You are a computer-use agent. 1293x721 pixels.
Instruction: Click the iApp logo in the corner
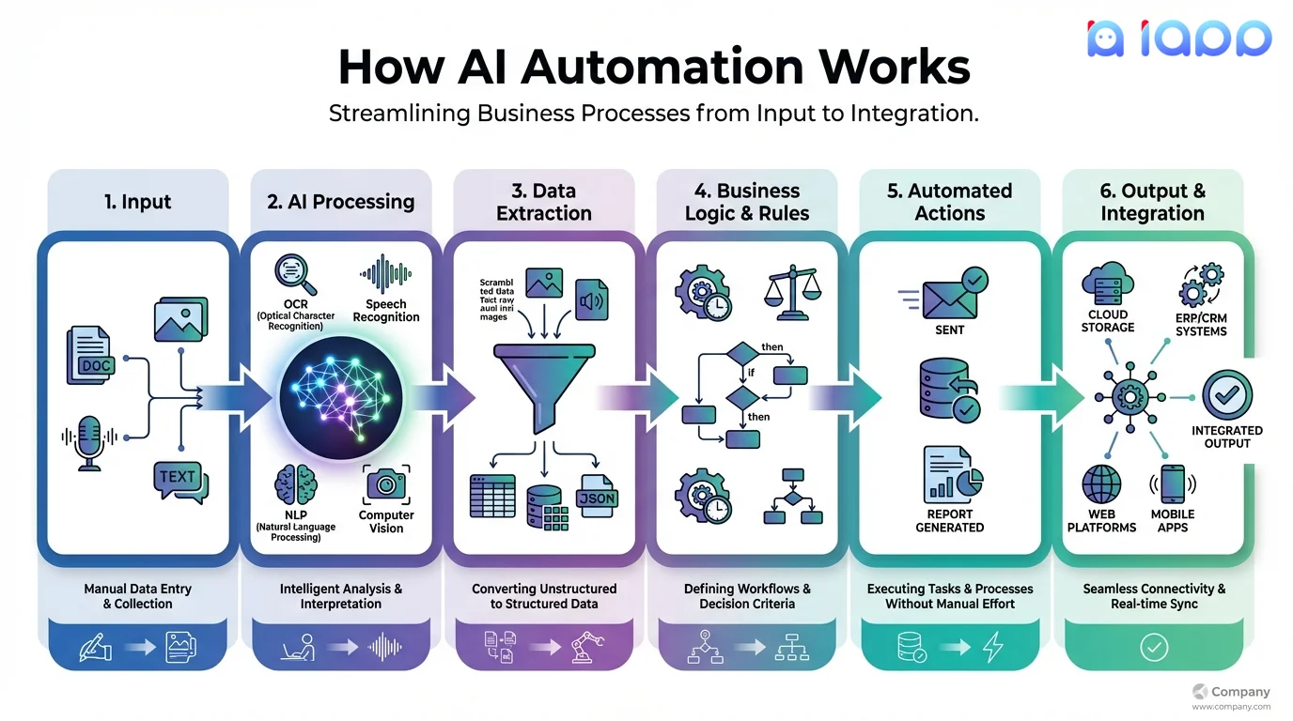(1179, 38)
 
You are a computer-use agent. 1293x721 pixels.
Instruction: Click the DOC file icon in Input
(91, 357)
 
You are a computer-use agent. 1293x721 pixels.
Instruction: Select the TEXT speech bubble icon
(179, 480)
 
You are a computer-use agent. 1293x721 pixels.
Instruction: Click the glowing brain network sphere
(341, 399)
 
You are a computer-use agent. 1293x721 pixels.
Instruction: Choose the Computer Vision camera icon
(385, 483)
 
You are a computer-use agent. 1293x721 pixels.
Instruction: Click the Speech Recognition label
(385, 311)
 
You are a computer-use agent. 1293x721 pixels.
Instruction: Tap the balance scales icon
(792, 291)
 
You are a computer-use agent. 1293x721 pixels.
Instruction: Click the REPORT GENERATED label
(949, 521)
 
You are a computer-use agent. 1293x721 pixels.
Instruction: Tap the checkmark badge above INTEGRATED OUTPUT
(1227, 395)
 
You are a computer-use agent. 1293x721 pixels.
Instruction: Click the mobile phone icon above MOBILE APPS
(1172, 484)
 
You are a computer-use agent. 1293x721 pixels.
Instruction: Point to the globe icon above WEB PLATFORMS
(1100, 485)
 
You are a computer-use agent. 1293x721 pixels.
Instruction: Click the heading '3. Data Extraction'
(543, 202)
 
